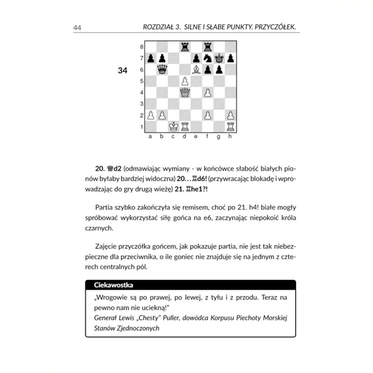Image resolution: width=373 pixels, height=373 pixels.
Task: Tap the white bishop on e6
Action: click(196, 69)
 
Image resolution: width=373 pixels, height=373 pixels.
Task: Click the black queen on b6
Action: click(162, 69)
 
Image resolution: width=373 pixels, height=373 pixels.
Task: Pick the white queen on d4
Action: click(185, 92)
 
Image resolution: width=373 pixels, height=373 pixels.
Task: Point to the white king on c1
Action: click(174, 126)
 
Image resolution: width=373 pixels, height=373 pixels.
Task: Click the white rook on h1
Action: click(231, 126)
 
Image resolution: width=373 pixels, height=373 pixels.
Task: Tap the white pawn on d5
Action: click(185, 81)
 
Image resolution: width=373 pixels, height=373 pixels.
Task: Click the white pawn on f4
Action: click(208, 92)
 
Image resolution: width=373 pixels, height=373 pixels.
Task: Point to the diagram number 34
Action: click(122, 71)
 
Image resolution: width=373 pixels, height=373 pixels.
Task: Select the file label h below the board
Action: click(231, 136)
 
